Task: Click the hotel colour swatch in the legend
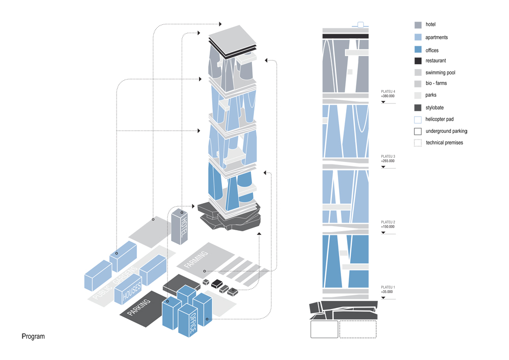coord(418,24)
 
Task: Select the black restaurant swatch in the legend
coord(418,61)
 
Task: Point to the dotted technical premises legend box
coord(418,143)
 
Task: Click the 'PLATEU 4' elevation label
coord(388,91)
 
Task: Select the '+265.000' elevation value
coord(388,161)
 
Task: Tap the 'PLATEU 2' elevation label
coord(388,222)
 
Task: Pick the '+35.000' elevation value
coord(387,292)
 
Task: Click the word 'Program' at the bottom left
coord(33,337)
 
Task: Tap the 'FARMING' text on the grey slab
coord(197,259)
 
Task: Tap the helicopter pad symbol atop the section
coord(360,24)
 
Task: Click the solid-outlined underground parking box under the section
coord(324,329)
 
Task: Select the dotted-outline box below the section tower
coord(358,329)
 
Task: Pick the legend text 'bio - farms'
coord(436,84)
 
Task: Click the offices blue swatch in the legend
coord(418,50)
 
